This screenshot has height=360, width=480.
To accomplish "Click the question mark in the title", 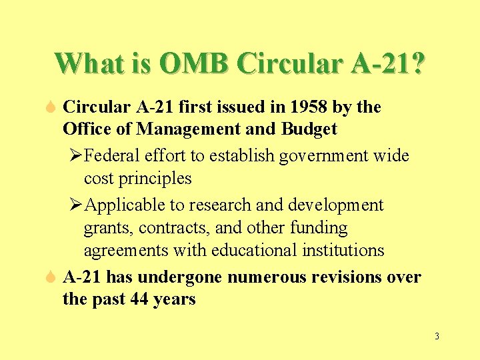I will pos(417,64).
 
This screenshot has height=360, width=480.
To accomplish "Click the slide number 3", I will pos(437,336).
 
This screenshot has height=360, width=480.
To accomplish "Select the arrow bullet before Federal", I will pos(76,156).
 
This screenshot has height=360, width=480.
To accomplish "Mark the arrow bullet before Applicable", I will pos(76,205).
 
